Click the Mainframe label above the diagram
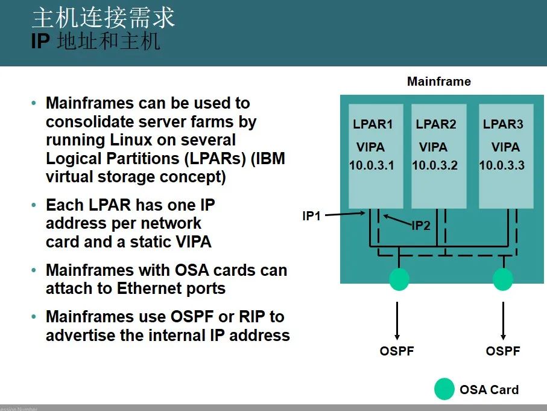click(438, 81)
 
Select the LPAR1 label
click(373, 125)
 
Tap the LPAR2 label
click(435, 125)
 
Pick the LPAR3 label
click(503, 125)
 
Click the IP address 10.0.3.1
click(372, 165)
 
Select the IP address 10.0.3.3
click(502, 165)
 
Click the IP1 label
click(311, 215)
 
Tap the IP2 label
click(420, 226)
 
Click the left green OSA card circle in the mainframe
click(399, 279)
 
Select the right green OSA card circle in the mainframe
click(502, 279)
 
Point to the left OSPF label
click(397, 351)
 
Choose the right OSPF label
click(503, 351)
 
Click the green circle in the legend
click(444, 389)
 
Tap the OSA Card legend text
click(489, 390)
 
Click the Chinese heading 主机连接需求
click(103, 18)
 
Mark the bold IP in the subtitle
click(39, 42)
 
